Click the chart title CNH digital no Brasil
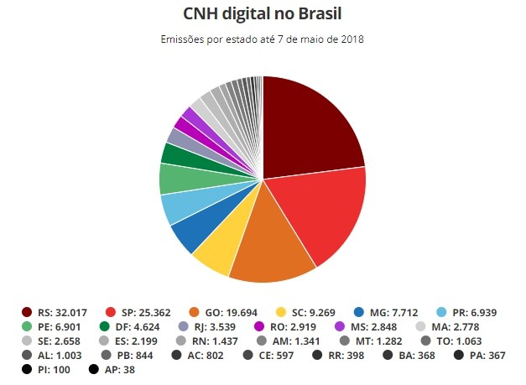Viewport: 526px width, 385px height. click(263, 14)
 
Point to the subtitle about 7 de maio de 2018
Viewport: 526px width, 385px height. click(263, 39)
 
